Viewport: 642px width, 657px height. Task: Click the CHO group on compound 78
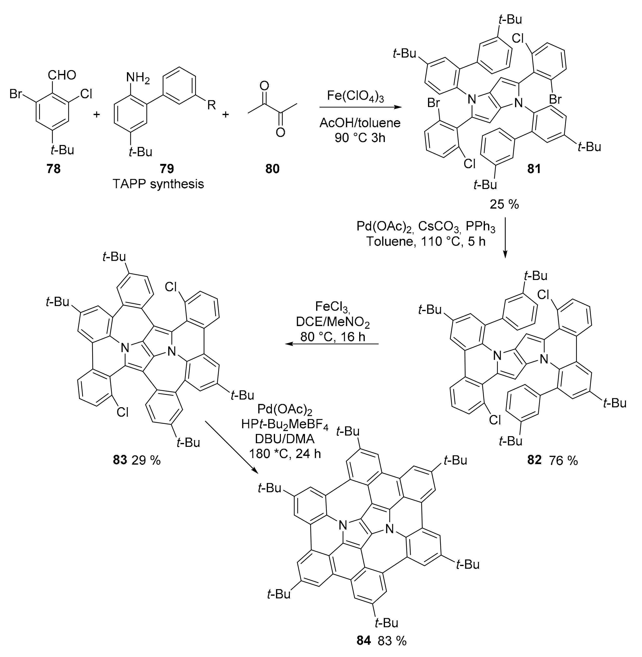(x=62, y=75)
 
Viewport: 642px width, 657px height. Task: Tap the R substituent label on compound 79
(x=211, y=105)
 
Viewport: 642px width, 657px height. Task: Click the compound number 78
(x=53, y=169)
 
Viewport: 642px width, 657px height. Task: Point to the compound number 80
(x=272, y=169)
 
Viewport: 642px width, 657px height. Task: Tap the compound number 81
(x=534, y=169)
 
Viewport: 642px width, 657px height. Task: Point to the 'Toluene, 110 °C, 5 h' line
(x=426, y=242)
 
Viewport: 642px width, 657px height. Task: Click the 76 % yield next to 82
(x=563, y=460)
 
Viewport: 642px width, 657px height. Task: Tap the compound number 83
(x=120, y=460)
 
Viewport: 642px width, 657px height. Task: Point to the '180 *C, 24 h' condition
(x=285, y=454)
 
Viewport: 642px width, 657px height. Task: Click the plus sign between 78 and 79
(x=97, y=115)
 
